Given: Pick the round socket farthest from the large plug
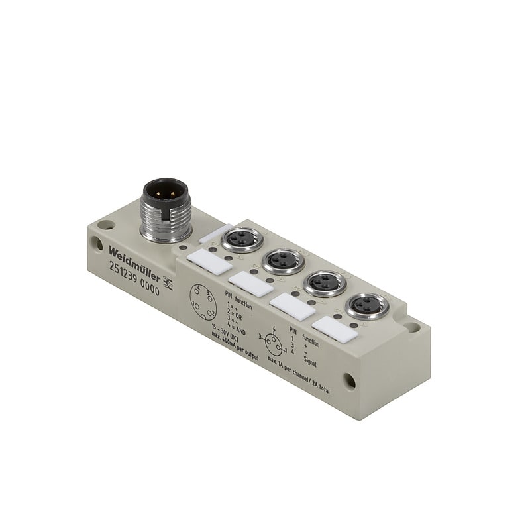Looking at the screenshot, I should [366, 305].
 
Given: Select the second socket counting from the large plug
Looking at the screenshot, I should [283, 260].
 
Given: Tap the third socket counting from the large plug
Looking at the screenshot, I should [324, 283].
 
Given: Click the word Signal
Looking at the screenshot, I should [313, 362].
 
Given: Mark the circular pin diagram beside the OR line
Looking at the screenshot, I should [201, 302].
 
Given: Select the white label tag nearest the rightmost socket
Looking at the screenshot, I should [335, 329].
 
